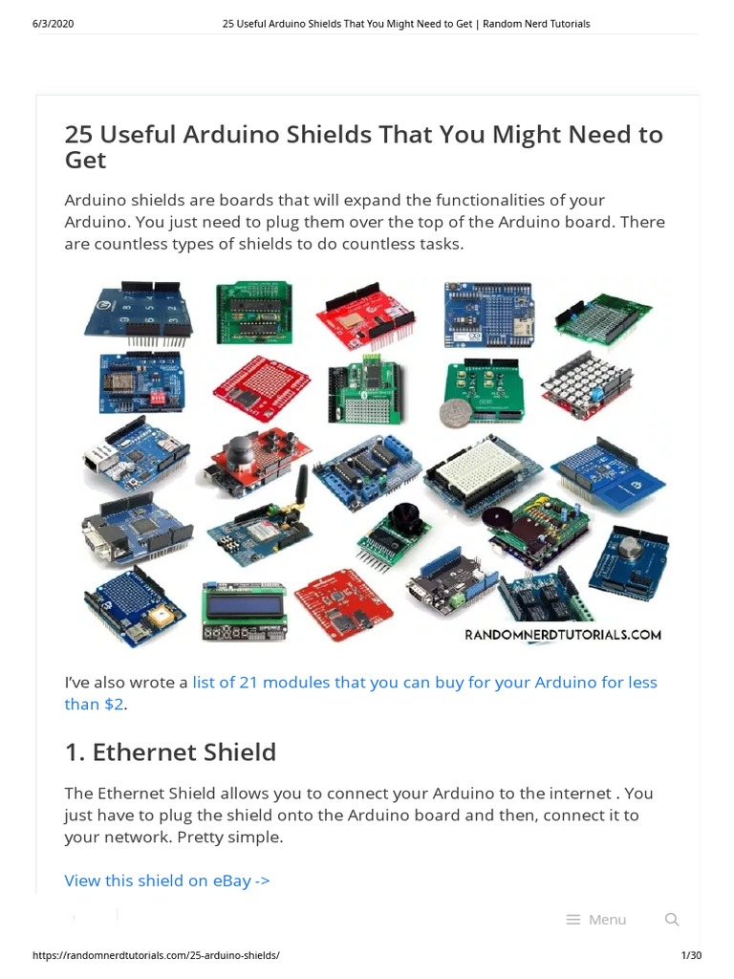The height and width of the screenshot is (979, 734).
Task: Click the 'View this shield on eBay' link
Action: click(167, 880)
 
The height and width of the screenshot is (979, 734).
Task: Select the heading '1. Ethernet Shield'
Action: click(170, 752)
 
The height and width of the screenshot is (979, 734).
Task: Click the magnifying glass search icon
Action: click(672, 920)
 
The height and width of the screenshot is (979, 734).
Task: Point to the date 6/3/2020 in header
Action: click(53, 24)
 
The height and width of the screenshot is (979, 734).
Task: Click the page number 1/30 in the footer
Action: click(690, 955)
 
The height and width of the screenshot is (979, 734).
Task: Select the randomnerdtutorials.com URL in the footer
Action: click(156, 955)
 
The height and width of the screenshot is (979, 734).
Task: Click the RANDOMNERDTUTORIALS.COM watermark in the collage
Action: click(563, 634)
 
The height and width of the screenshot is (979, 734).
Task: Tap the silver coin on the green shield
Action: click(451, 413)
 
